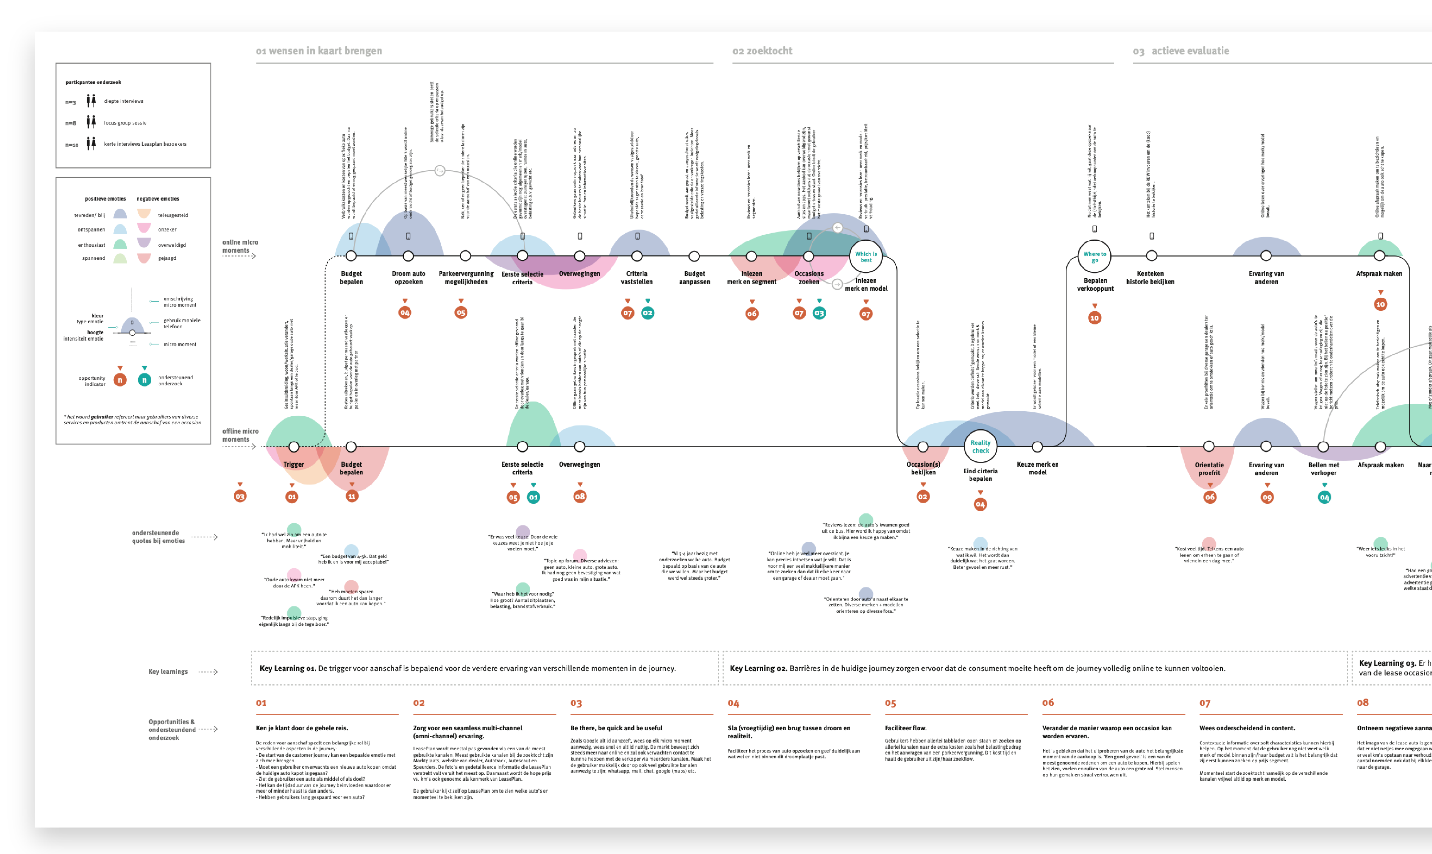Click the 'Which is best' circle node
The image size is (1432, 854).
click(865, 257)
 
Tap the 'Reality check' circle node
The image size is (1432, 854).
click(980, 447)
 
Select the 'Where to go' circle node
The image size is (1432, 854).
click(1094, 257)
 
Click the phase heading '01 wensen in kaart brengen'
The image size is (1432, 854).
click(319, 51)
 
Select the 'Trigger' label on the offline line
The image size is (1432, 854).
click(293, 464)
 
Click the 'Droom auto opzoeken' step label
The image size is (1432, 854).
click(408, 277)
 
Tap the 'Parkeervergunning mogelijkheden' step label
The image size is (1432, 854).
click(466, 277)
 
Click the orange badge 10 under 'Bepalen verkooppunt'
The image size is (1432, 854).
click(1094, 318)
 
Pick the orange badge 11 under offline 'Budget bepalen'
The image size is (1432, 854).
click(351, 496)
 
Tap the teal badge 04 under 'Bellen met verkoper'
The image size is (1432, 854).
click(1324, 497)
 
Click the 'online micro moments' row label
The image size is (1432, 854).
click(240, 246)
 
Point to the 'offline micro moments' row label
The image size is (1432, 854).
click(240, 435)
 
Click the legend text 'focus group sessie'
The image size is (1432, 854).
click(125, 123)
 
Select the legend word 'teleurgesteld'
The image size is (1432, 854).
click(173, 215)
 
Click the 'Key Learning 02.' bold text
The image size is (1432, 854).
click(758, 668)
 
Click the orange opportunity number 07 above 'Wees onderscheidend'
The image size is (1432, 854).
click(1205, 703)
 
